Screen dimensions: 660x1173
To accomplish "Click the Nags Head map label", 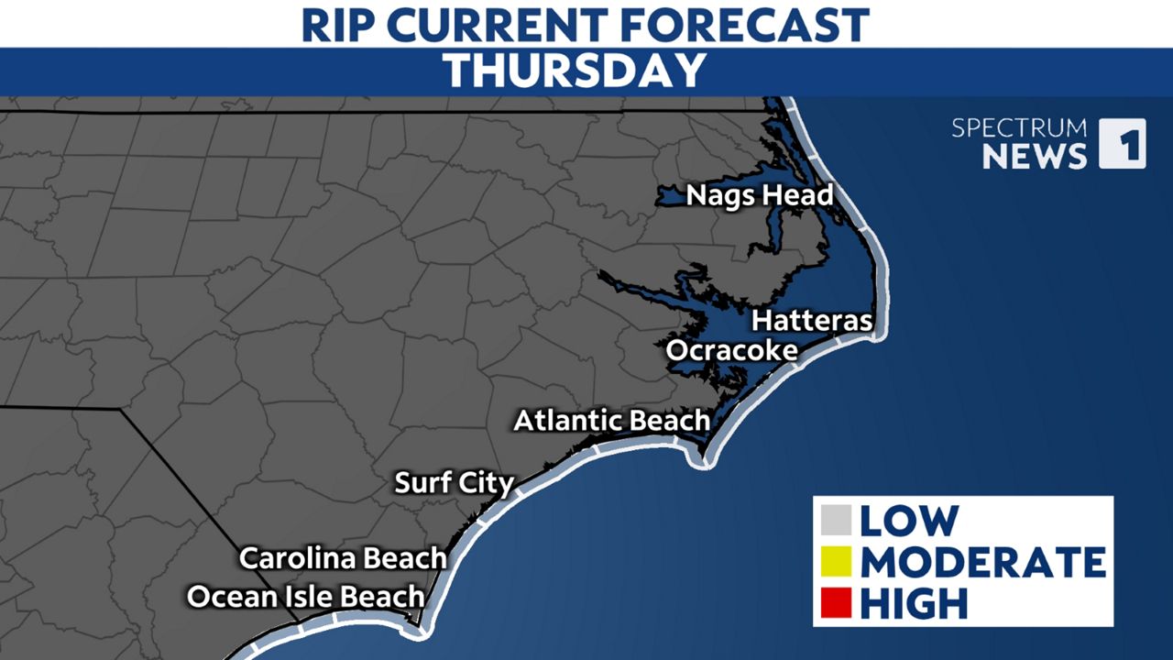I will pos(760,195).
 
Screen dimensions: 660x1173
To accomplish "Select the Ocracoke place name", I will pos(731,351).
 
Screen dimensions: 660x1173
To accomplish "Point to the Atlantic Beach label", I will pos(611,421).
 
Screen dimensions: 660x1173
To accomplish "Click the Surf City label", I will pos(454,483).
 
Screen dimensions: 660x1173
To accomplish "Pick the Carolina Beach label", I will pos(343,558).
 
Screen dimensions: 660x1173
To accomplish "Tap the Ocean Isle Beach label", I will pos(305,597).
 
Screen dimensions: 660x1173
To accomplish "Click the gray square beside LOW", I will pos(837,521).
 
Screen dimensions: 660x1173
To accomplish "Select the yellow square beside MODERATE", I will pos(837,562).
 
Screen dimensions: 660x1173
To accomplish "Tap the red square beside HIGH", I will pos(837,603).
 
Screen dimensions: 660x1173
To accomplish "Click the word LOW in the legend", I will pos(908,521).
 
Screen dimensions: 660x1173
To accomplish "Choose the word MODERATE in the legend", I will pos(982,562).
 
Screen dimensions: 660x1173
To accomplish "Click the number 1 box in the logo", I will pos(1122,144).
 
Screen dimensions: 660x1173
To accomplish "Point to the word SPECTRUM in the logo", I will pos(1019,128).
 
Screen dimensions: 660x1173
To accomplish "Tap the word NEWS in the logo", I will pos(1035,157).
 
